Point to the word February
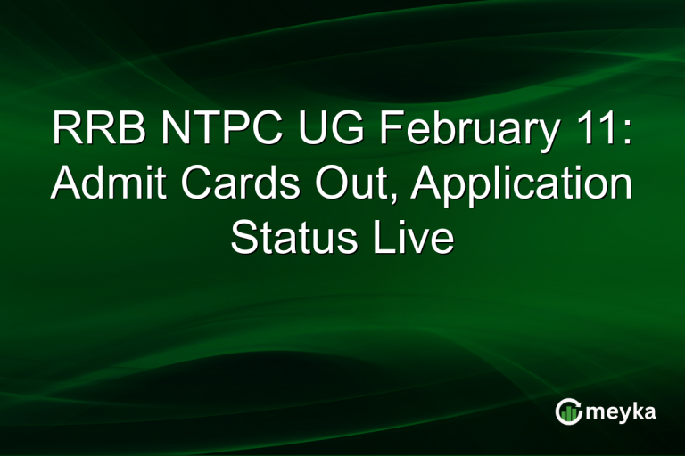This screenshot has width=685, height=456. coord(457,132)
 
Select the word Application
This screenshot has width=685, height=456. coord(509,187)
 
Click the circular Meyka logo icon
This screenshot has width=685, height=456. coord(568,411)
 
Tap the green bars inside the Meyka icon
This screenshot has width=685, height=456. coord(568,412)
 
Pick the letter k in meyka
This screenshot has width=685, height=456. coord(640,411)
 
